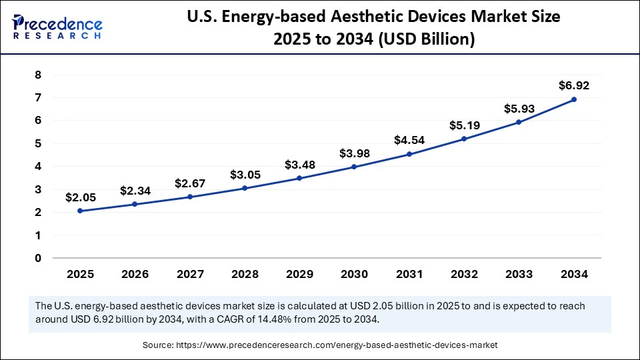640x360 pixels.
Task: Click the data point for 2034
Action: pos(574,99)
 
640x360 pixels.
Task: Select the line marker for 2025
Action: pos(80,211)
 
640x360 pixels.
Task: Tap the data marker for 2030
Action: pos(354,167)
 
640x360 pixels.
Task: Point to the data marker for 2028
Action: pos(245,188)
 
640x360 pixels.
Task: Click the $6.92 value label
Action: pos(574,85)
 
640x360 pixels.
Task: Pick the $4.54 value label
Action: pos(409,140)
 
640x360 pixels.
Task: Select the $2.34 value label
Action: pos(135,191)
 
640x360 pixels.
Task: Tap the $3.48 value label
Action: pos(299,164)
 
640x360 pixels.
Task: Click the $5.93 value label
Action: pos(519,108)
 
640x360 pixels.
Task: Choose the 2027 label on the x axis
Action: pos(190,274)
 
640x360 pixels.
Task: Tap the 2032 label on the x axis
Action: pos(464,274)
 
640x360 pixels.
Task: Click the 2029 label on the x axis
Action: pos(299,274)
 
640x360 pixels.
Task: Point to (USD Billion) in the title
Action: pos(427,40)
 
